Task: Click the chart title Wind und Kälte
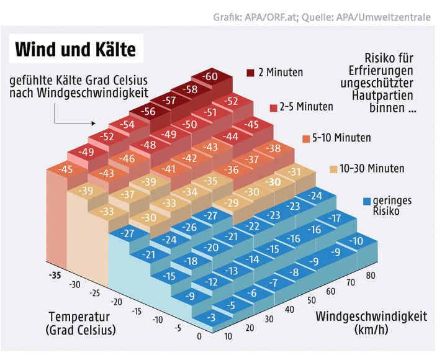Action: (x=74, y=49)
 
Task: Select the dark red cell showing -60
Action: (x=210, y=76)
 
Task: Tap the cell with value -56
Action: (x=149, y=112)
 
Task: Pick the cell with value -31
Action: (x=294, y=172)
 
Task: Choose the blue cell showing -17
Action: (x=335, y=218)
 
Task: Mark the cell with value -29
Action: (x=231, y=203)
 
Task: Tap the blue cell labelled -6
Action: (x=251, y=294)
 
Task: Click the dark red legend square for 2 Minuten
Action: (x=250, y=72)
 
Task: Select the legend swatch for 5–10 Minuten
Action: (x=305, y=138)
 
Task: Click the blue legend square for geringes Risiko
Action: (x=367, y=201)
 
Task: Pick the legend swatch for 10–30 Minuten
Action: (x=334, y=169)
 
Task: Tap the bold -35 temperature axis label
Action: (x=56, y=274)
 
